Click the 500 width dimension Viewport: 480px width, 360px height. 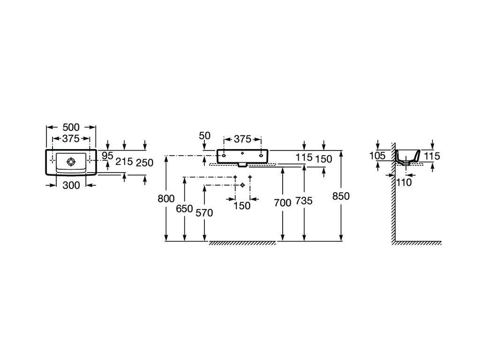[x=71, y=127]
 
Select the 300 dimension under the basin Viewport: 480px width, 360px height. [x=71, y=185]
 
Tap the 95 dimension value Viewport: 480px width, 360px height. [x=107, y=156]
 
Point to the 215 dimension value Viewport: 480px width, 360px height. [x=124, y=162]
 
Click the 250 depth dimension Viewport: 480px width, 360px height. [x=144, y=163]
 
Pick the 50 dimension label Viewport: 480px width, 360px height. [x=204, y=136]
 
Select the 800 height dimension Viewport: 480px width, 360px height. [x=166, y=198]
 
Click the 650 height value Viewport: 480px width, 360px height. [x=184, y=209]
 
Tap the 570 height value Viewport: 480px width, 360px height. [x=204, y=213]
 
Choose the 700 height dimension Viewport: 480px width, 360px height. [x=282, y=203]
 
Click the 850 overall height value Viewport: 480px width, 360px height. [x=341, y=196]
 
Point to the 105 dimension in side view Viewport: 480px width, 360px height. [x=377, y=156]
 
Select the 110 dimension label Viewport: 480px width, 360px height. [x=404, y=182]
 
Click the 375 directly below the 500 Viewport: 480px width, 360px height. [x=71, y=139]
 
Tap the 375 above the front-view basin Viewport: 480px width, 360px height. [x=242, y=139]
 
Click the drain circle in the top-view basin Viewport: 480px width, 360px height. [x=70, y=162]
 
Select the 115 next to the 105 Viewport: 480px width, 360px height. [x=432, y=156]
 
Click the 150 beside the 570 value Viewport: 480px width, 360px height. [x=242, y=205]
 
